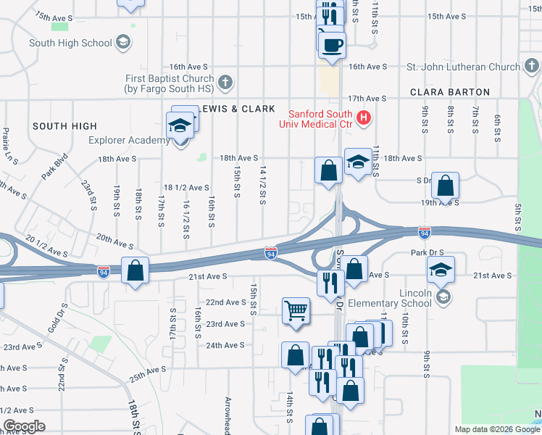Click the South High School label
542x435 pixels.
coord(70,43)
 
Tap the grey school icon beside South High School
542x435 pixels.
coord(123,42)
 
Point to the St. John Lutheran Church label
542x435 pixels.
coord(463,67)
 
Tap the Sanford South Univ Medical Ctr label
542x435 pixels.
coord(320,119)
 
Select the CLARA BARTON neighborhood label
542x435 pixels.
coord(449,92)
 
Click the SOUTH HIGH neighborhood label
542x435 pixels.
coord(64,126)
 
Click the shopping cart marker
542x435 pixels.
coord(296,310)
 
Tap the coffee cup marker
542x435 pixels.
coord(332,44)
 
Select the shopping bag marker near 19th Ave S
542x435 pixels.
coord(445,186)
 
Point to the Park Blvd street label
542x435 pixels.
coord(54,165)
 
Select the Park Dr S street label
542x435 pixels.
coord(427,253)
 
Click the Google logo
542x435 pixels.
coord(24,426)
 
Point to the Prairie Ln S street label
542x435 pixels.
coord(10,144)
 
